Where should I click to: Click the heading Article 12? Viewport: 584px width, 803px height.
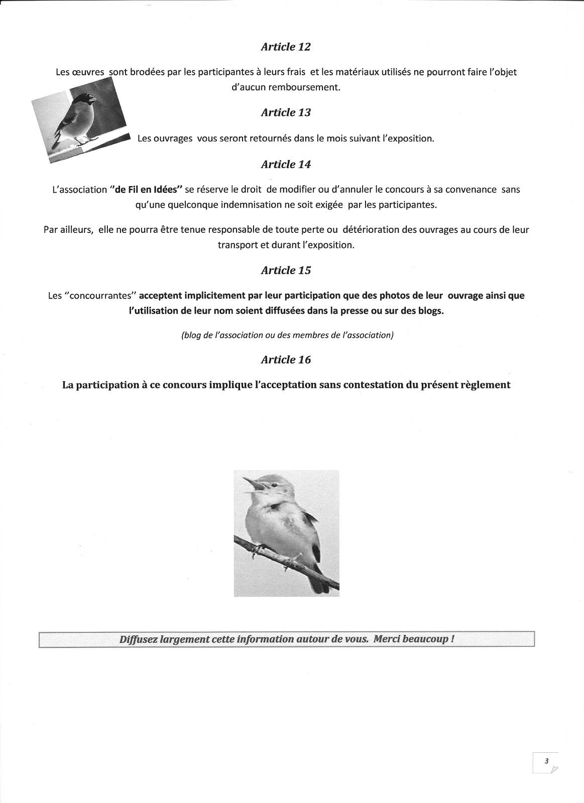(x=286, y=47)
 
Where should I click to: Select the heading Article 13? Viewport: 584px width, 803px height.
(x=286, y=112)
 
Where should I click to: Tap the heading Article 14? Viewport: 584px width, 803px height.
(x=286, y=164)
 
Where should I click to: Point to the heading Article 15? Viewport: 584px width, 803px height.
(x=286, y=271)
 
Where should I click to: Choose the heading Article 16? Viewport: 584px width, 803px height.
(x=286, y=360)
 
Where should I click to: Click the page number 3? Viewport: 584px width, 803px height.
(x=545, y=761)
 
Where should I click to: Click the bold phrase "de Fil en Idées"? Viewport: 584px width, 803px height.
(x=145, y=190)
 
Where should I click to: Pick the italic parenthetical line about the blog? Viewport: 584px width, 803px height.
(x=287, y=335)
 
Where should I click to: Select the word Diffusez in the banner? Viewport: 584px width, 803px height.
(x=137, y=640)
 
